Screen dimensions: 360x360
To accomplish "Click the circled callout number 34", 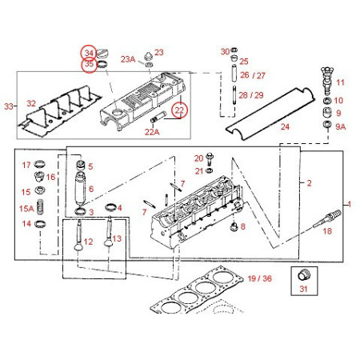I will (x=88, y=53).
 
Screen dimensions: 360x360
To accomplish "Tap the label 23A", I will (x=128, y=59).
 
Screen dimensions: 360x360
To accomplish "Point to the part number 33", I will (x=10, y=106).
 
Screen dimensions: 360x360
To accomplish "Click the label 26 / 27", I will (x=252, y=76).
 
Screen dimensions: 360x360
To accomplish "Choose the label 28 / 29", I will (x=252, y=95).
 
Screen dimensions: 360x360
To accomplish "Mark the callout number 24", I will (x=285, y=126).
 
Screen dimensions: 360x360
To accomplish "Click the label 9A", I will (x=341, y=126).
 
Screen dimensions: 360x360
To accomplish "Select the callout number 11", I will (x=340, y=82).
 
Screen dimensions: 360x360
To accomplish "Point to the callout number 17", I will (x=26, y=165).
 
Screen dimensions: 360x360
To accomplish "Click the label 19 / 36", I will (x=260, y=278).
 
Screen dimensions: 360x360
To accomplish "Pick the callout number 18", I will (x=326, y=230).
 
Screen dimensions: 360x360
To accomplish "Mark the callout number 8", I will (x=243, y=227).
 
